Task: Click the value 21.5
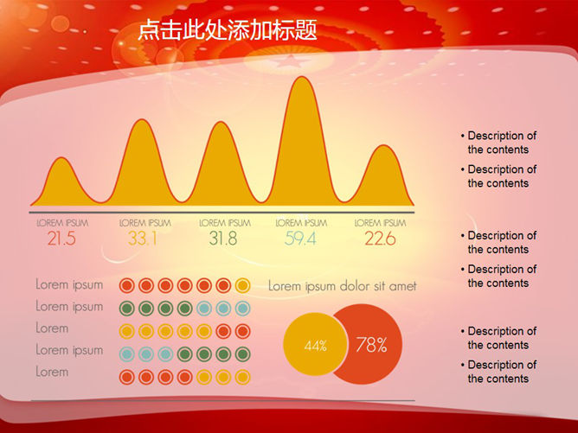coord(61,239)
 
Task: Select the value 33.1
coord(143,239)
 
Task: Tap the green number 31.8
coord(223,239)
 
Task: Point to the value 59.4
coord(300,239)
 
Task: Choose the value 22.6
coord(380,239)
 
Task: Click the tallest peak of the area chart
coord(302,77)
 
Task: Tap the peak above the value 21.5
coord(62,158)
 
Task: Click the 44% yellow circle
coord(315,344)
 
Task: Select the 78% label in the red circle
coord(371,345)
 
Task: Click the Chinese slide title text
coord(228,29)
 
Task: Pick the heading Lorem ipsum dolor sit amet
coord(343,286)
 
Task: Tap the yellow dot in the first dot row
coord(242,285)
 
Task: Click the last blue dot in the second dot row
coord(242,309)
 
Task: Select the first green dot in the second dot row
coord(127,309)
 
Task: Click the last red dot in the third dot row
coord(242,331)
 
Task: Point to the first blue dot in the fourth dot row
coord(127,354)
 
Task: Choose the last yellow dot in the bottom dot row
coord(242,377)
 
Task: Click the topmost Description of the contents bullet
coord(498,143)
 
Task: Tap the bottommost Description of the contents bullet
coord(498,372)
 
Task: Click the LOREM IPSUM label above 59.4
coord(301,223)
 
